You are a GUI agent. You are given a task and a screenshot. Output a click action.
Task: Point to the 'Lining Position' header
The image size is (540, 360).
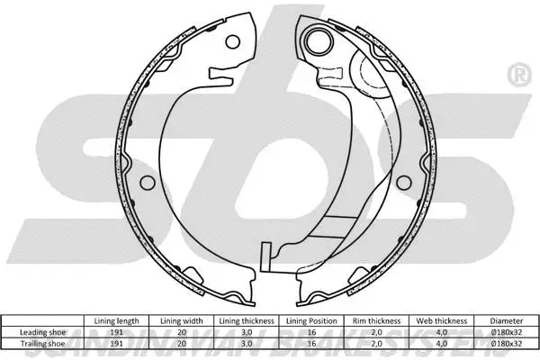[x=310, y=319]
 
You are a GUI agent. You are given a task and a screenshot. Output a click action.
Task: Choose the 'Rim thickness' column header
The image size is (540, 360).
[x=377, y=319]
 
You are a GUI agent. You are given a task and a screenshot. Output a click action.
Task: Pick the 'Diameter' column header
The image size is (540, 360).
[x=507, y=319]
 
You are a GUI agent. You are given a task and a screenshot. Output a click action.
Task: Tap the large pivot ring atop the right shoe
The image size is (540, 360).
[x=317, y=39]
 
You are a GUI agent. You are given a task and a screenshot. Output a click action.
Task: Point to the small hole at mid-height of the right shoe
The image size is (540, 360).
[x=393, y=182]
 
